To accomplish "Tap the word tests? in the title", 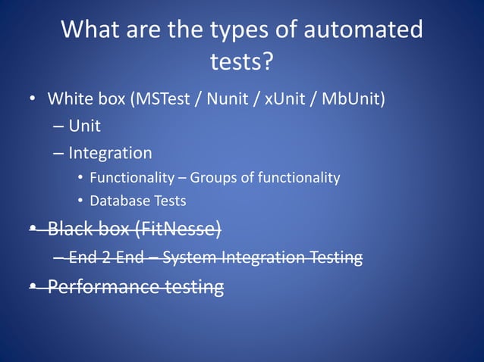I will [241, 61].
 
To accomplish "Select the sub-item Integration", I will [110, 153].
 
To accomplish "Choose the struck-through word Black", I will [69, 228].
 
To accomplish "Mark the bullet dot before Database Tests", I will [80, 201].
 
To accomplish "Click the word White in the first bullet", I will [68, 99].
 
